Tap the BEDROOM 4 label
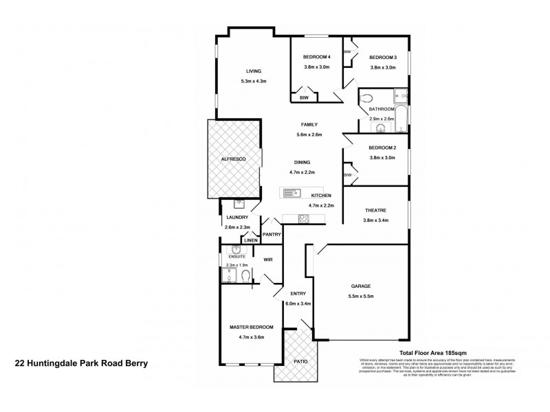317,57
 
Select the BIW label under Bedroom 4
303,98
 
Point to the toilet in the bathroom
366,98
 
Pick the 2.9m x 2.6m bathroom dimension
382,119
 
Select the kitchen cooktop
303,218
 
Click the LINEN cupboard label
251,240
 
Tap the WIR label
269,260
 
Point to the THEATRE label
375,210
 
